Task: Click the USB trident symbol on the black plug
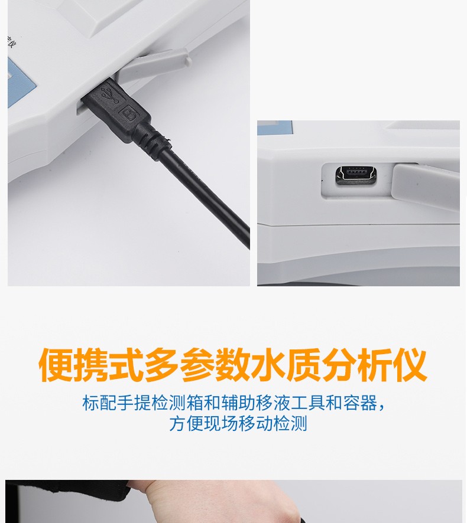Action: click(x=110, y=94)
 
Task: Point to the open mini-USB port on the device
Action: click(x=356, y=175)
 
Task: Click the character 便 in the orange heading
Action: click(x=56, y=365)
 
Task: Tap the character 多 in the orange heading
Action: click(x=163, y=365)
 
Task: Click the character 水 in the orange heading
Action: click(x=268, y=365)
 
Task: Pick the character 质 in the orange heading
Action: click(x=304, y=365)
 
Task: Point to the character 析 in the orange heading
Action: click(x=374, y=365)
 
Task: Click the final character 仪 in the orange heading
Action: click(x=410, y=365)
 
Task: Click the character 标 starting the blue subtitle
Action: click(x=91, y=403)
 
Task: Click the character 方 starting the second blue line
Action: click(x=178, y=424)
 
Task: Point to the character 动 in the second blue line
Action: click(x=265, y=424)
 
